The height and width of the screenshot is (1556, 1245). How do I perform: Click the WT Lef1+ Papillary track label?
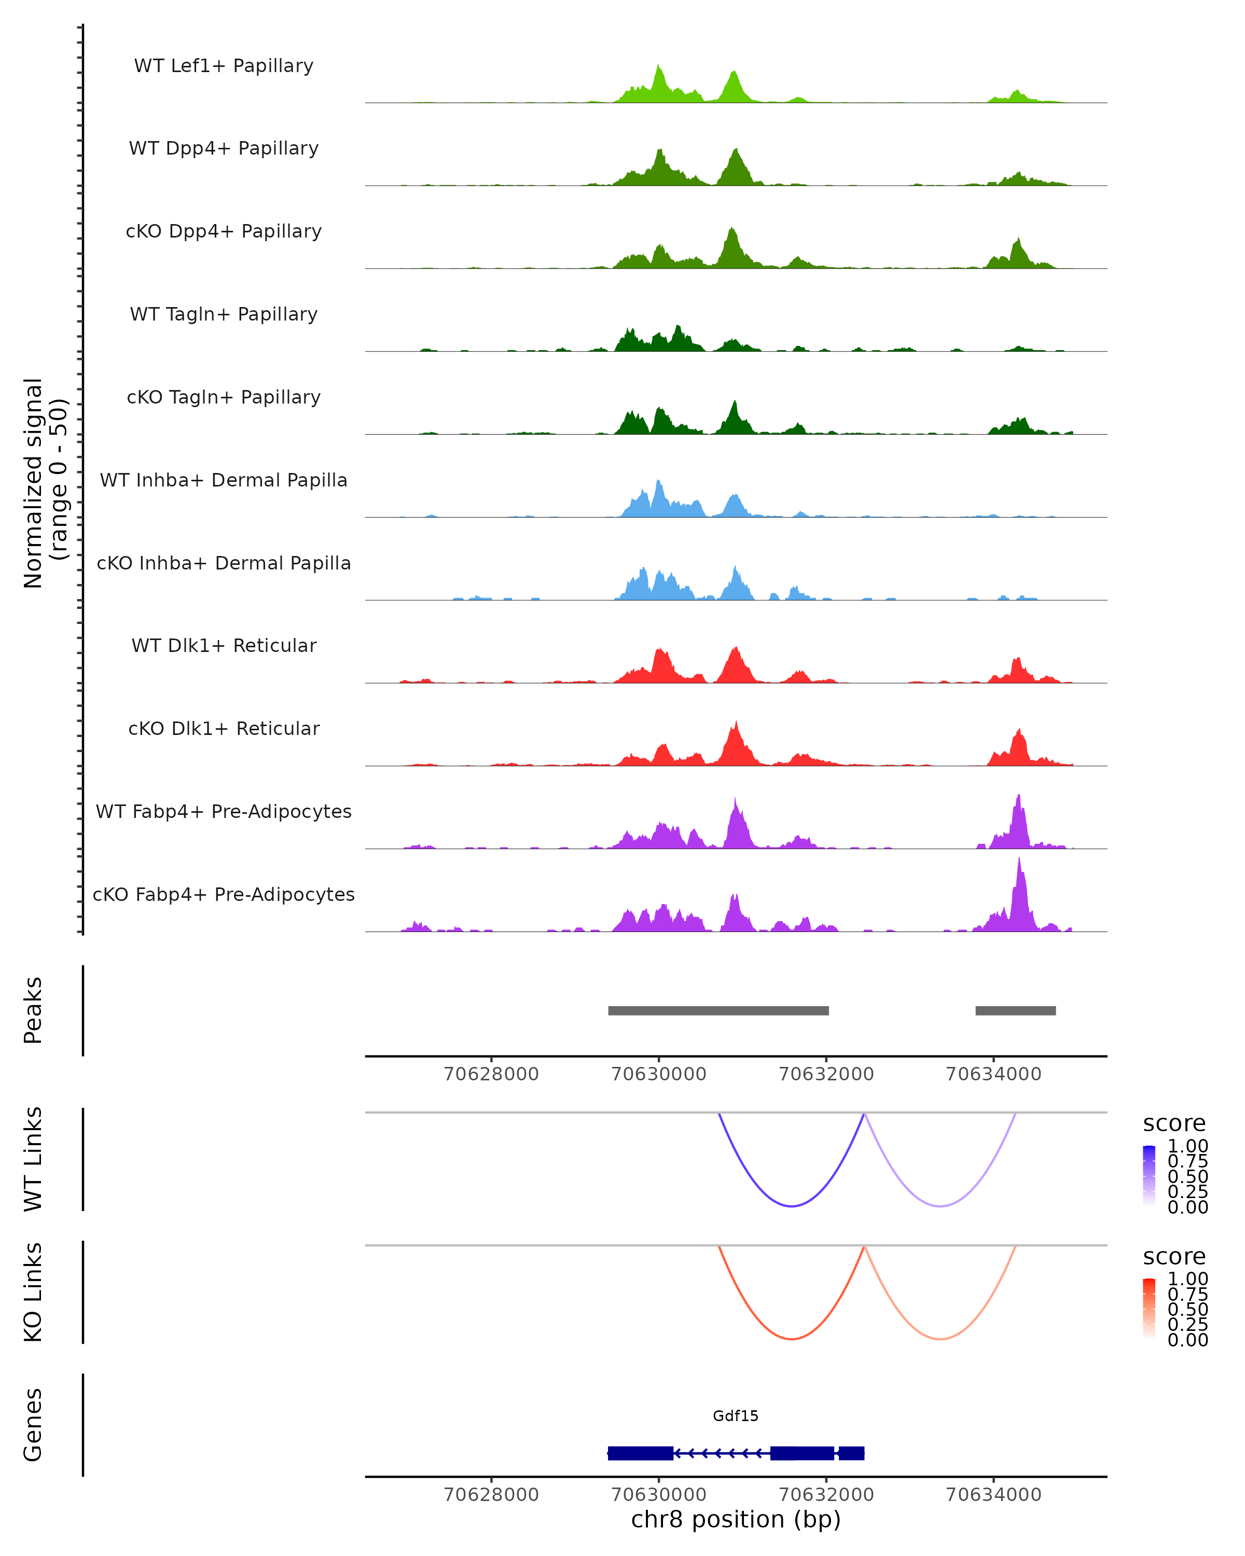click(224, 66)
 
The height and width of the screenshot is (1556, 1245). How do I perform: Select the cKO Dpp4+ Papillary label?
click(224, 232)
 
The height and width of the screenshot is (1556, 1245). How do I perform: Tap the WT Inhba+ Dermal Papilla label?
click(224, 481)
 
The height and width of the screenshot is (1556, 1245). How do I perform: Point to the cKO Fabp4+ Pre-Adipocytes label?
click(224, 895)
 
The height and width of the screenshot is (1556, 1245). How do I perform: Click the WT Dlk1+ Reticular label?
click(224, 646)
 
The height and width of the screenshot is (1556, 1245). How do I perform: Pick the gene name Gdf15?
click(736, 1416)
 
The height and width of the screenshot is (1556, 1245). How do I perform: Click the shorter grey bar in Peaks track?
click(1016, 1011)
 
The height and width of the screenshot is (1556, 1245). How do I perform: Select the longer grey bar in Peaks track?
click(718, 1011)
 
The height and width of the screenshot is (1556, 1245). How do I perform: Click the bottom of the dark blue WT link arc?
click(792, 1206)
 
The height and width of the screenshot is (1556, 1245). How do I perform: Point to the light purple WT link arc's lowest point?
click(940, 1206)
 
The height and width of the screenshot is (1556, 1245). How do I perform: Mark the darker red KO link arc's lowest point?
click(792, 1339)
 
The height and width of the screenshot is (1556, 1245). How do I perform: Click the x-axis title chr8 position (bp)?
click(736, 1519)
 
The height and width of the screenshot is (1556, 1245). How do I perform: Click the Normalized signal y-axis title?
click(45, 483)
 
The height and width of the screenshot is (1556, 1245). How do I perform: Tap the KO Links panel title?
click(33, 1293)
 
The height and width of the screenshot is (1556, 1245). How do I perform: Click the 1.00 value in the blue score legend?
click(1187, 1146)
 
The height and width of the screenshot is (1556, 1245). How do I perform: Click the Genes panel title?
click(33, 1425)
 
